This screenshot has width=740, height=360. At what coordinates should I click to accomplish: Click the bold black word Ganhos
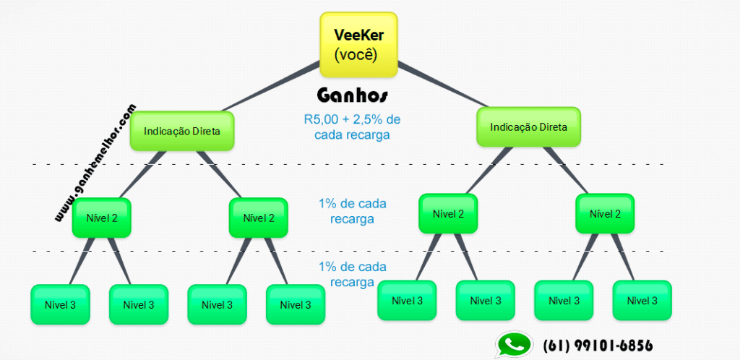(x=353, y=96)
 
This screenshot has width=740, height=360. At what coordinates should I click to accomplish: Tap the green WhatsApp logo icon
(x=512, y=346)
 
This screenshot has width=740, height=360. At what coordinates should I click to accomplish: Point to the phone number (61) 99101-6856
(x=597, y=346)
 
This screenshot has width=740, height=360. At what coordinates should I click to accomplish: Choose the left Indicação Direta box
(x=182, y=131)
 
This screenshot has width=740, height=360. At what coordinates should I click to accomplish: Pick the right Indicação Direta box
(x=528, y=127)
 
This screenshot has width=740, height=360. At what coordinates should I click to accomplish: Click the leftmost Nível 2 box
(x=101, y=218)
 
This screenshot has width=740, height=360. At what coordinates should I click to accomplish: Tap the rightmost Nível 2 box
(x=605, y=214)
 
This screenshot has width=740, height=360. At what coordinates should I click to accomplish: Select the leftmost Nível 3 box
(x=60, y=304)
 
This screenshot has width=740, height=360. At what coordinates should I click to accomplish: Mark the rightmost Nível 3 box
(x=642, y=301)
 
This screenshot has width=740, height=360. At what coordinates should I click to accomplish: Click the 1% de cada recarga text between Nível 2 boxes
(x=352, y=210)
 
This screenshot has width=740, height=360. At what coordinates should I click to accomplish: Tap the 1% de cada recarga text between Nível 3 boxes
(x=352, y=274)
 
